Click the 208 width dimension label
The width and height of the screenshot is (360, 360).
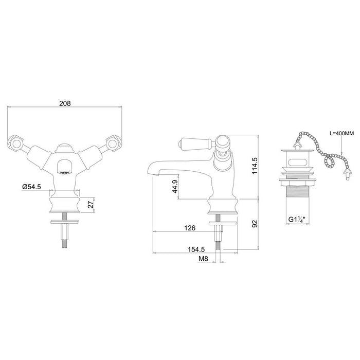click(64, 103)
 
